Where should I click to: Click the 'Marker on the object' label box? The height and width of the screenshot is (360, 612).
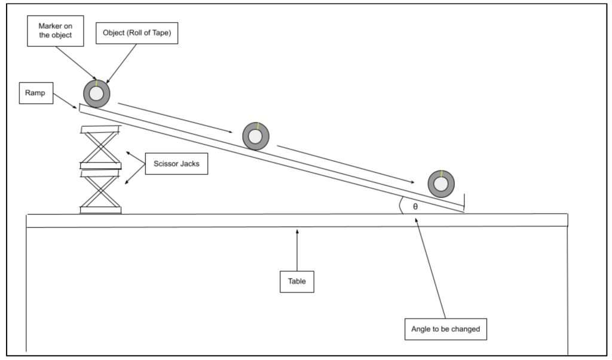56,31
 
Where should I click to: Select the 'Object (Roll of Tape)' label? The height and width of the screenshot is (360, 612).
137,33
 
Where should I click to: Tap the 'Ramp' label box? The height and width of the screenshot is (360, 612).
36,93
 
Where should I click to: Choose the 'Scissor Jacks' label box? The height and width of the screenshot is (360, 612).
176,164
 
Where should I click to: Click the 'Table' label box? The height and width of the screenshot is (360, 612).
297,282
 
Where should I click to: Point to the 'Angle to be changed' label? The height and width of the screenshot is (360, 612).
446,329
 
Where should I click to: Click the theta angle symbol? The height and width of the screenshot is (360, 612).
415,206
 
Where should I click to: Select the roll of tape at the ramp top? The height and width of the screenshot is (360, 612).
97,94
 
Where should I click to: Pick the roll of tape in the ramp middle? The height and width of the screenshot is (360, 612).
256,136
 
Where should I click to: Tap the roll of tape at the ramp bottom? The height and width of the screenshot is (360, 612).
441,184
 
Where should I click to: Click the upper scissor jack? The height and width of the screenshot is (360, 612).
100,147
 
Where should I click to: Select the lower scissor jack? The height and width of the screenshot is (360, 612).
100,192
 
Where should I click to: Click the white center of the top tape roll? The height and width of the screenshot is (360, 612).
96,94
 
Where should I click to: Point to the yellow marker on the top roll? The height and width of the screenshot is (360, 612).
96,84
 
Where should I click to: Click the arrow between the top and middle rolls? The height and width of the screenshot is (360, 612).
175,118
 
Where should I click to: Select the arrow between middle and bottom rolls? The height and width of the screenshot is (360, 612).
346,164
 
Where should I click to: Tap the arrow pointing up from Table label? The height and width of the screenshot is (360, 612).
297,250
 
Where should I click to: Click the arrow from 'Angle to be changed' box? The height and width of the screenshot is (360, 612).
430,268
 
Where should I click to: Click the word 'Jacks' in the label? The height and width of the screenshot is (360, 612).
190,164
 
